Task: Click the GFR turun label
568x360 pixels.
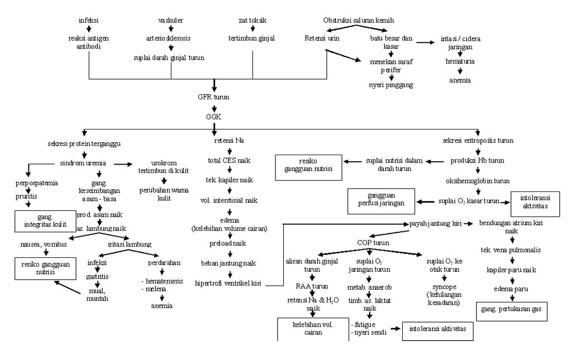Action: tap(214, 97)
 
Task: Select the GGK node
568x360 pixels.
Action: tap(214, 117)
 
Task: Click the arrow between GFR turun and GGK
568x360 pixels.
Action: tap(214, 107)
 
